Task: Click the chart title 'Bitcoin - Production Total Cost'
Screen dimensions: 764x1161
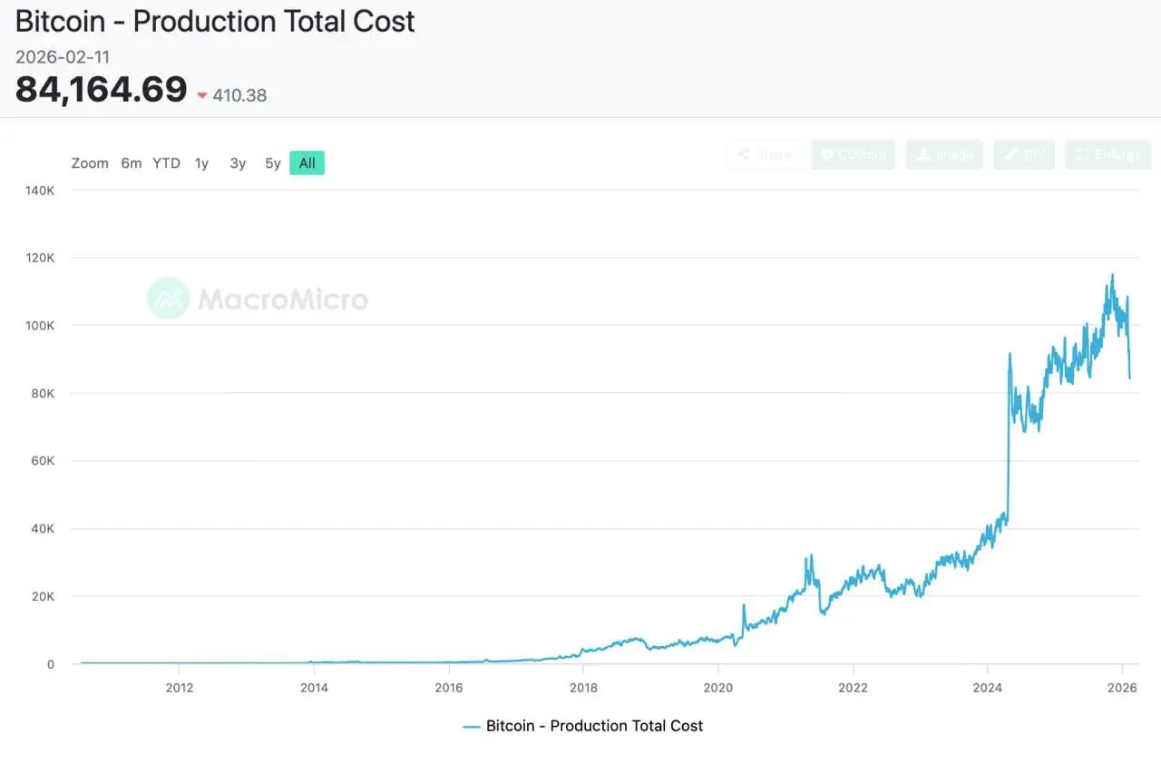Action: (x=215, y=21)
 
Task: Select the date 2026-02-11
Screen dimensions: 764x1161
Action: (x=63, y=57)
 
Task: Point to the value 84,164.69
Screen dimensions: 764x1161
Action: (x=102, y=90)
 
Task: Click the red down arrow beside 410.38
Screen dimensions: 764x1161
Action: (x=202, y=95)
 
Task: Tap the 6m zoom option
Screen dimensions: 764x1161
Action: (x=132, y=163)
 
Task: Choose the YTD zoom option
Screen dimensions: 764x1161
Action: (x=166, y=163)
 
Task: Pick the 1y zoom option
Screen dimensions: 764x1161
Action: (x=201, y=163)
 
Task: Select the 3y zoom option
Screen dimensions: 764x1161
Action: (x=238, y=163)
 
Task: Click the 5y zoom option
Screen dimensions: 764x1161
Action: (x=272, y=163)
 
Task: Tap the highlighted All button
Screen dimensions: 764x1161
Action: (x=307, y=163)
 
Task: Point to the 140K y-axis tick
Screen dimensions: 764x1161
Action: (x=39, y=191)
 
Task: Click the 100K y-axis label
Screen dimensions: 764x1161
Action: (x=39, y=326)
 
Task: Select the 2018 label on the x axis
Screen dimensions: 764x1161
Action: (x=583, y=687)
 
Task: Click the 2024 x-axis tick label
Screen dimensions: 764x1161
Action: (x=988, y=687)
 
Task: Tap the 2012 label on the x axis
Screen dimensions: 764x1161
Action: (x=179, y=687)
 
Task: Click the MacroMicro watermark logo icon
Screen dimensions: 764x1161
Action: (x=168, y=299)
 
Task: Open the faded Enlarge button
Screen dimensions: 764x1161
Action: (x=1107, y=155)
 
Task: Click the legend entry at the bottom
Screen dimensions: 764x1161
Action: (x=583, y=726)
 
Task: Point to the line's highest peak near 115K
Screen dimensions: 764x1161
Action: (x=1112, y=275)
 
